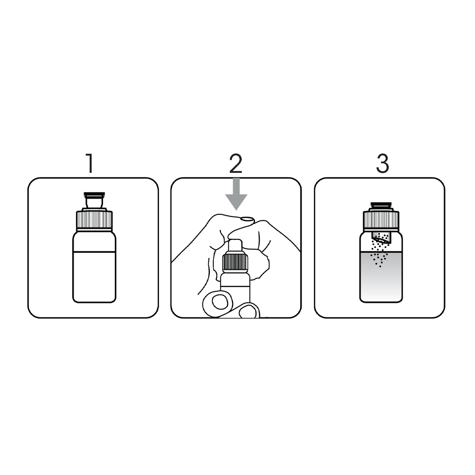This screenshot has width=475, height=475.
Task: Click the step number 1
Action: point(90,163)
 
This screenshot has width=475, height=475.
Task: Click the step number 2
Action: point(236,163)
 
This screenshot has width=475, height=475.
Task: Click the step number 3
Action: point(382,163)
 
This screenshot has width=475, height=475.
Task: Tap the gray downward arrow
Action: point(236,194)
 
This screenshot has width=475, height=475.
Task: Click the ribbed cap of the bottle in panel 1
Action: point(94,220)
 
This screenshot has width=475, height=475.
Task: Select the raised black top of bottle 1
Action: point(94,194)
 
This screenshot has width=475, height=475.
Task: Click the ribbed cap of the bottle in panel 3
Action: point(381,221)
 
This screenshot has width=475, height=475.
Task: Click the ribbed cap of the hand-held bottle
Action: point(236,262)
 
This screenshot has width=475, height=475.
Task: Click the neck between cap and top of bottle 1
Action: point(94,203)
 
